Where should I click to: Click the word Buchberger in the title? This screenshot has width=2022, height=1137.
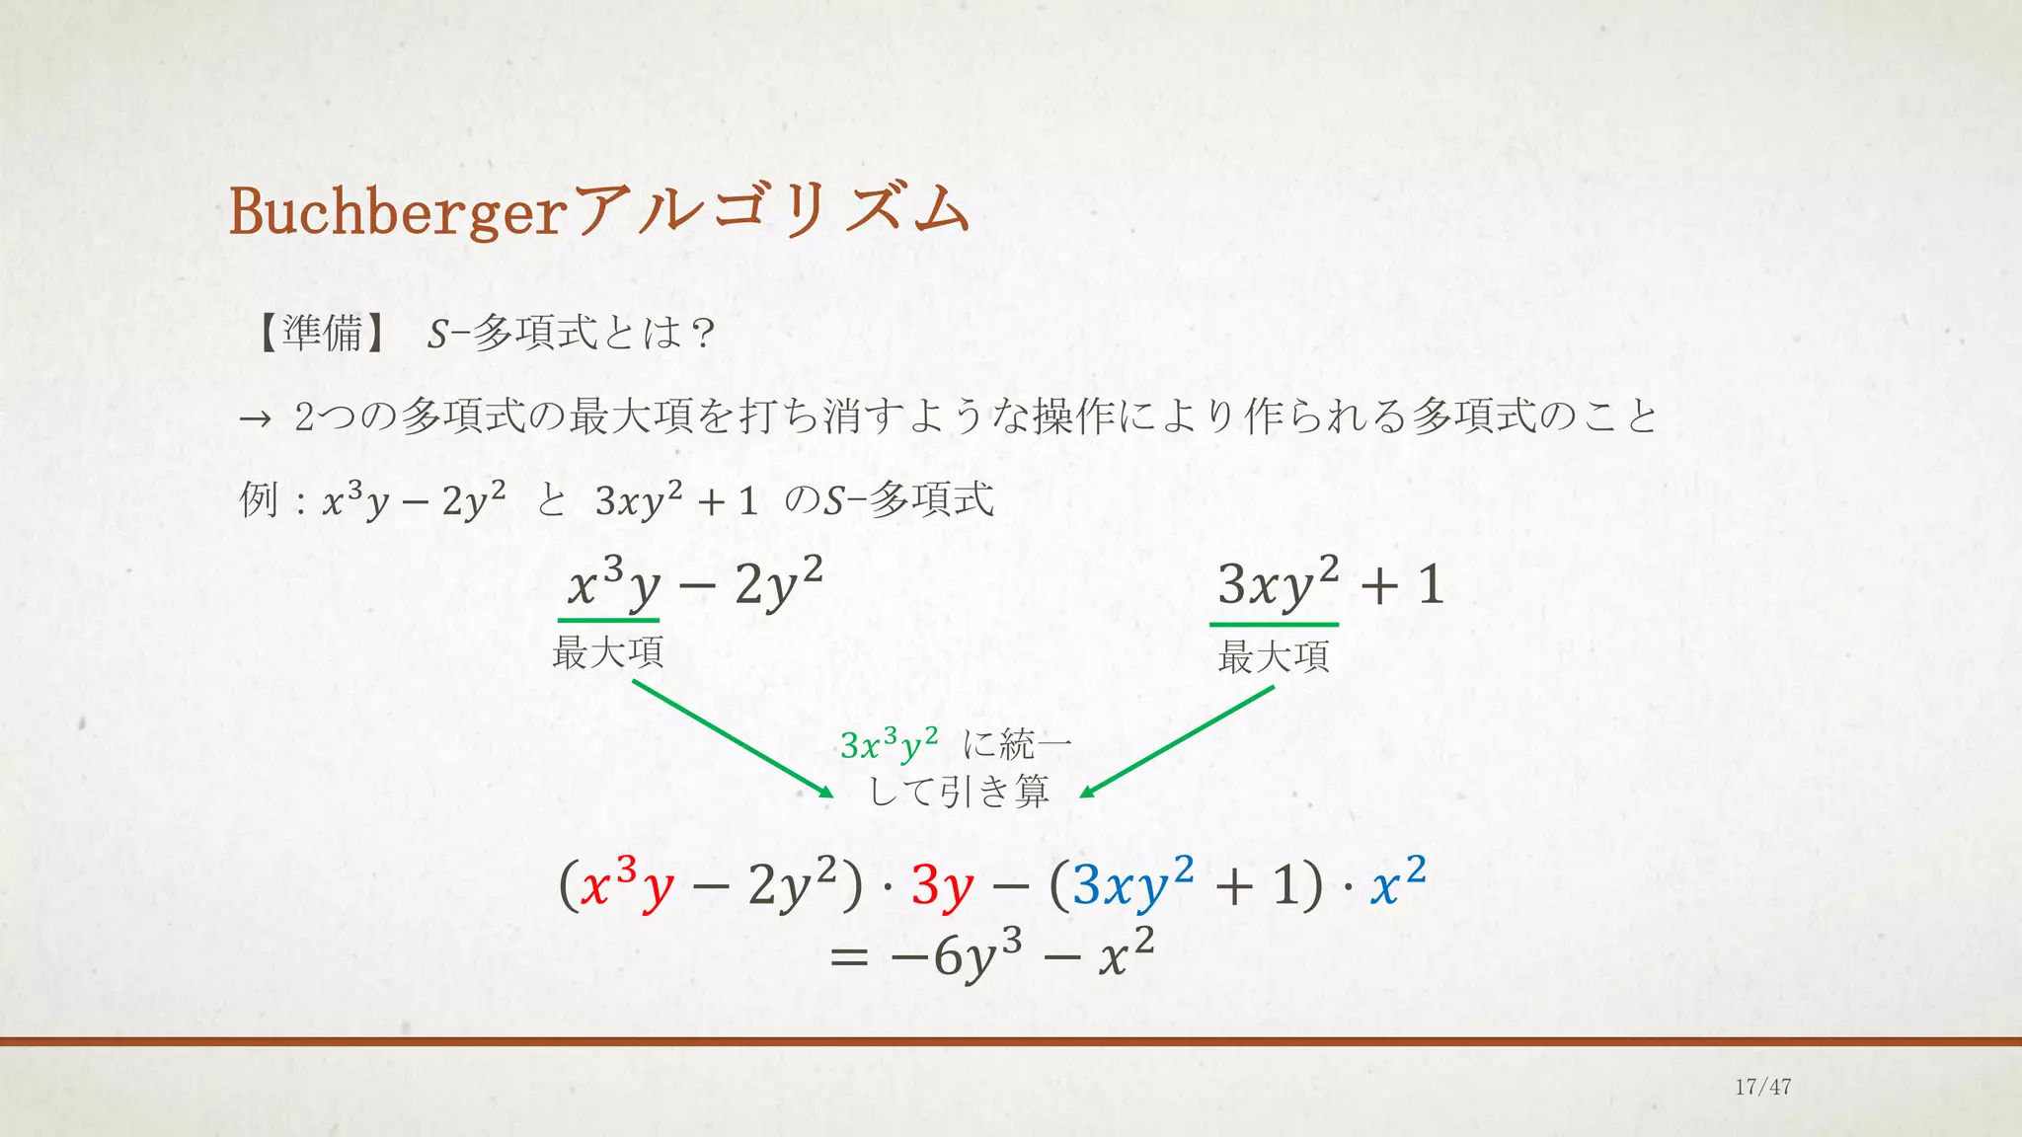coord(396,211)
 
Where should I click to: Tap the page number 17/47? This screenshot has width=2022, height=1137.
coord(1762,1087)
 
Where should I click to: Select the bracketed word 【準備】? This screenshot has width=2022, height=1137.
coord(321,334)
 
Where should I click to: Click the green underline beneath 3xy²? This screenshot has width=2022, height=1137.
coord(1274,625)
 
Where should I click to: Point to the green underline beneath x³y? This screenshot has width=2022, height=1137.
coord(608,621)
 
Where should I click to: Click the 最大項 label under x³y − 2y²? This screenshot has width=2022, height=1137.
coord(607,652)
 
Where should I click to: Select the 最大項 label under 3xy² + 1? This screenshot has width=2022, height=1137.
coord(1274,656)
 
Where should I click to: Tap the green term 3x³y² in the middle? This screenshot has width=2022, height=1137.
coord(889,745)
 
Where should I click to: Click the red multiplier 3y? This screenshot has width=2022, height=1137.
coord(942,886)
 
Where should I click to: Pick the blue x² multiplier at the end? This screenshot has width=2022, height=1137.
coord(1398,882)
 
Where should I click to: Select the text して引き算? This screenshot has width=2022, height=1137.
coord(958,792)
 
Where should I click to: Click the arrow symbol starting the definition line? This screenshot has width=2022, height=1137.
coord(255,419)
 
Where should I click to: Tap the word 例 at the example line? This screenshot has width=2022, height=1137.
coord(259,500)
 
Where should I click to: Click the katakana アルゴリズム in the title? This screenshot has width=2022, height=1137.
coord(771,211)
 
